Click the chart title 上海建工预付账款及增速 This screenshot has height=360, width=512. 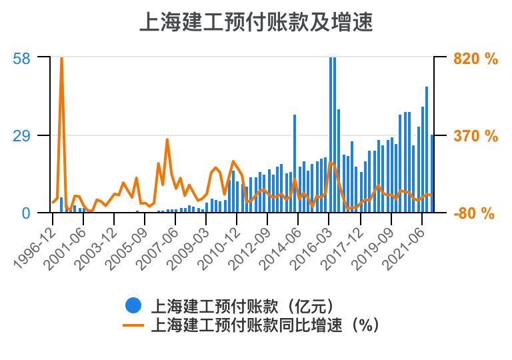[255, 21]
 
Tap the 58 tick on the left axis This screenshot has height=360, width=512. [21, 58]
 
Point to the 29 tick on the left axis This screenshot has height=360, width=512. [21, 136]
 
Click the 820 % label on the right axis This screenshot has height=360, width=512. [475, 59]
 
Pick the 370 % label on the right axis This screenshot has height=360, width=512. [475, 136]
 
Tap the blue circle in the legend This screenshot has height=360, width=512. [134, 305]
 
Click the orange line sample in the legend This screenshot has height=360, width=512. [134, 325]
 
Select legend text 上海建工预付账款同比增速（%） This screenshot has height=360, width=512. [265, 325]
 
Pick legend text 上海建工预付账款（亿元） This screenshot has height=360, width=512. [242, 306]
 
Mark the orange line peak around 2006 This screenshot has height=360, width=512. [167, 140]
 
